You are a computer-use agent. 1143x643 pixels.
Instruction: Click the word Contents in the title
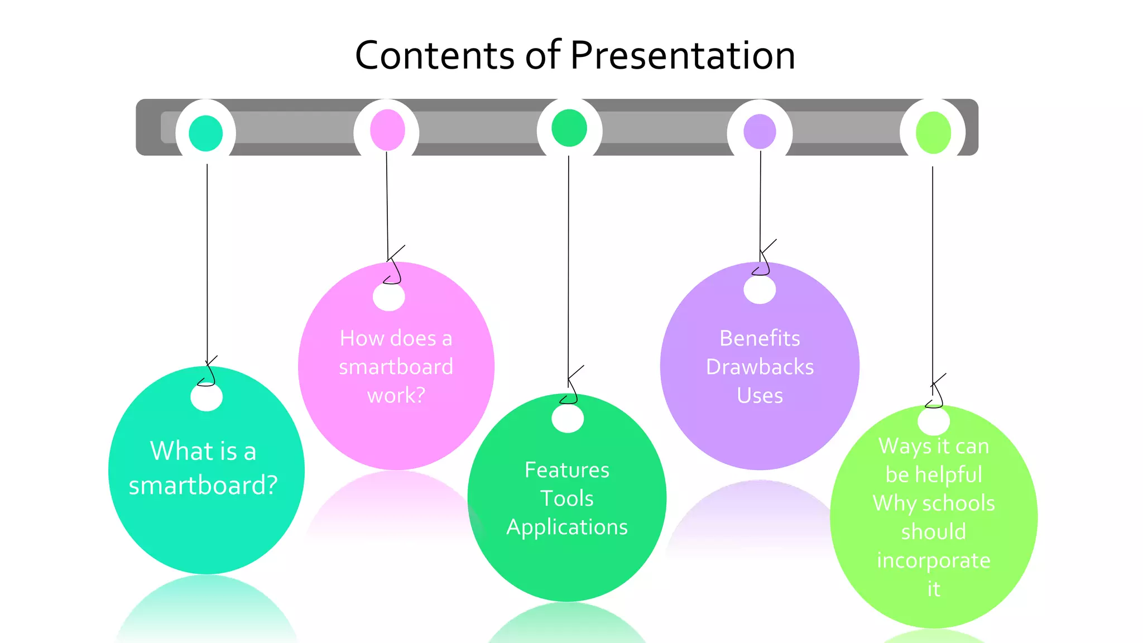(435, 55)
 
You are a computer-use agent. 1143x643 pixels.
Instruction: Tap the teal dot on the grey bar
(206, 133)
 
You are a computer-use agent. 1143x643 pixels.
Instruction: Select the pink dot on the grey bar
(387, 130)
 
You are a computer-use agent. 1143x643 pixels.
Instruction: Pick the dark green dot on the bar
(569, 128)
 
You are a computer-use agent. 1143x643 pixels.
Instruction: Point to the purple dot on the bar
(760, 132)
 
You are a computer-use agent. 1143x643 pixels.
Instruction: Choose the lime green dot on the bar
(933, 133)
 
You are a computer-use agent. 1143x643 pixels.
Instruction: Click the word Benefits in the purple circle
(760, 338)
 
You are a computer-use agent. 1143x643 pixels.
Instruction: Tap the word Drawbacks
(760, 367)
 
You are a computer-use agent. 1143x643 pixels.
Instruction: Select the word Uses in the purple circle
(760, 396)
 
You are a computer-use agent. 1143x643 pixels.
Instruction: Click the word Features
(567, 470)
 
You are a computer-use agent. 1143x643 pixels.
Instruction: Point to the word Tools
(567, 498)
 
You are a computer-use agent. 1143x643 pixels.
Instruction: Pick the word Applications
(567, 527)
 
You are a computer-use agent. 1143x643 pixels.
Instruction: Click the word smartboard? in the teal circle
(203, 486)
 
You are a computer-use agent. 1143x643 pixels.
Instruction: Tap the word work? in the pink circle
(396, 396)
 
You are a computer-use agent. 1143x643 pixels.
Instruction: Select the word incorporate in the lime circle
(934, 560)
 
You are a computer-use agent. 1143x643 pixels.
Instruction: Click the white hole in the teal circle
(206, 397)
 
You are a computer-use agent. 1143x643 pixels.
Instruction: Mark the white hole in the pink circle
(389, 296)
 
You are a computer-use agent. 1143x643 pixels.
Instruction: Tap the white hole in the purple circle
(760, 290)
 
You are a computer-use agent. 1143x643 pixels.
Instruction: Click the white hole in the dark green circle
(568, 419)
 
